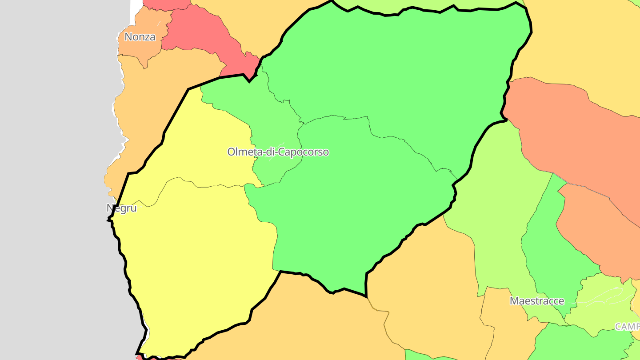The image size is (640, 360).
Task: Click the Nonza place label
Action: tap(140, 37)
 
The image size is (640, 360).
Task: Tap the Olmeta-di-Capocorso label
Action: tap(278, 152)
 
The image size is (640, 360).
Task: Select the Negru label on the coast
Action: tap(121, 208)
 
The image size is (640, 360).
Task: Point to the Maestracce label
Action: tap(537, 301)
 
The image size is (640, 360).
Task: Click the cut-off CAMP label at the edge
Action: tap(627, 327)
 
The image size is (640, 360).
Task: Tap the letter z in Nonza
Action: tap(147, 37)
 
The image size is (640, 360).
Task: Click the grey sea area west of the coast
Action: tap(53, 178)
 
